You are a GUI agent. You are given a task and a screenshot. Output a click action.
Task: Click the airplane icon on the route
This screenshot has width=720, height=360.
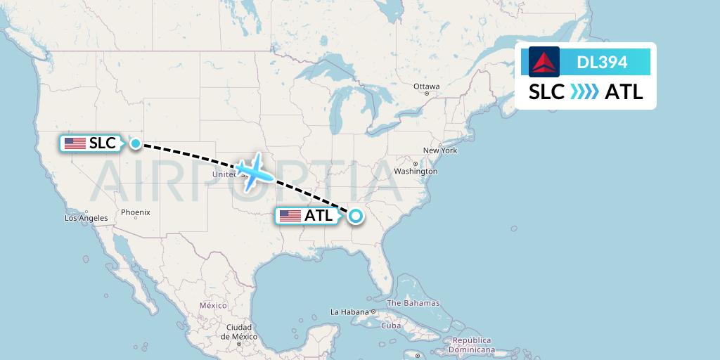point(254,171)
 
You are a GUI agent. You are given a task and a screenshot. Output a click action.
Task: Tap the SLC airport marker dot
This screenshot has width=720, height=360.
point(135,143)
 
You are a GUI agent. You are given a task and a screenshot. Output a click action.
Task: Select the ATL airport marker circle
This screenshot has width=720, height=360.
point(356,216)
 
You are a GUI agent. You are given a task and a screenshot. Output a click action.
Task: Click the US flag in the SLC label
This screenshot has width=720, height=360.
point(75,143)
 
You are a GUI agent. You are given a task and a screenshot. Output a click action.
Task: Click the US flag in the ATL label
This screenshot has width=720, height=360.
point(290,216)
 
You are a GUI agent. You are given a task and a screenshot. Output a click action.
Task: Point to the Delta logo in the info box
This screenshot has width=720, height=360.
point(544,62)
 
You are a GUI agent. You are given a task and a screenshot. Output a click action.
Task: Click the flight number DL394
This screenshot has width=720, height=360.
point(602,62)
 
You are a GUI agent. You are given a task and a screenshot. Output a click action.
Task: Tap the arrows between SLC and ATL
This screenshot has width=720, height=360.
point(584,92)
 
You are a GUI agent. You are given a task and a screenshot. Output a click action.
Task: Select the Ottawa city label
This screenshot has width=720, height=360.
point(426,86)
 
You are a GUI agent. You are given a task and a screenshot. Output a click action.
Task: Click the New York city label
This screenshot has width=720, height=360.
point(440,150)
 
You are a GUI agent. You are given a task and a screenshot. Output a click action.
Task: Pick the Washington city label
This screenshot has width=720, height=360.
point(416,171)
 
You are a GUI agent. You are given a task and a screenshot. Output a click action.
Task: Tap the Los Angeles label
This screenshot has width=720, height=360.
point(86,218)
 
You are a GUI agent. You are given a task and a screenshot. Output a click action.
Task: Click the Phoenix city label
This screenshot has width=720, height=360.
point(135,212)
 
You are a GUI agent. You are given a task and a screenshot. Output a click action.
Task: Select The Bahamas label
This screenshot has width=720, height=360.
point(413,303)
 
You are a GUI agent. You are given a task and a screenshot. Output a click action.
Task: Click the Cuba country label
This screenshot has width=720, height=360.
point(390,326)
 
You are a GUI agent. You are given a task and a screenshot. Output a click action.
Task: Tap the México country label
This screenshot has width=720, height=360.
point(212,305)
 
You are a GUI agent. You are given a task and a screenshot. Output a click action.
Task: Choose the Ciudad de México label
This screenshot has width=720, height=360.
point(239,332)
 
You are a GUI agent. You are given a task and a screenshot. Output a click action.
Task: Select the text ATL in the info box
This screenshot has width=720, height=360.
point(624,92)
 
